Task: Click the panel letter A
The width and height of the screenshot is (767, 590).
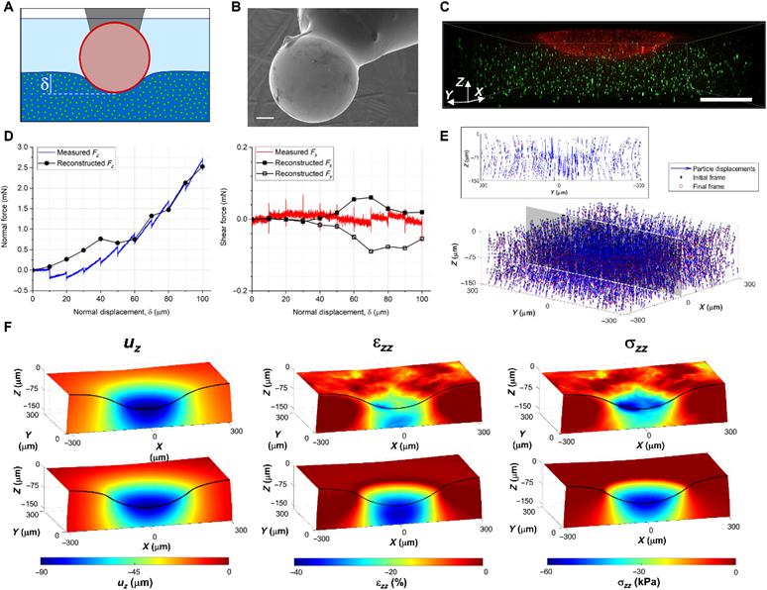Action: pos(7,9)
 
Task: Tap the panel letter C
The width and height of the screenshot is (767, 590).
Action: pos(445,9)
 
